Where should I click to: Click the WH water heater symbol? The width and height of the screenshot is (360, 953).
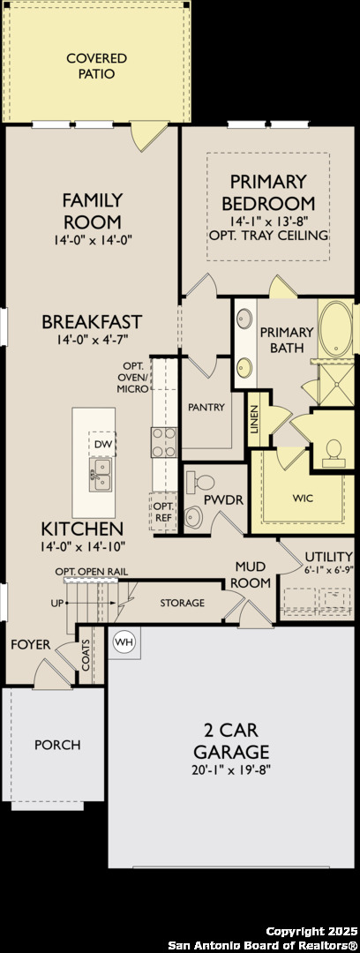124,642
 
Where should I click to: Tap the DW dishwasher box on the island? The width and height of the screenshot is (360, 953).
102,445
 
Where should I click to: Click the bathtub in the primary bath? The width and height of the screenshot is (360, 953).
335,329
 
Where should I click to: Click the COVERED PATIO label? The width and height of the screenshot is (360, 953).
97,66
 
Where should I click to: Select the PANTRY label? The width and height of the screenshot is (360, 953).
206,407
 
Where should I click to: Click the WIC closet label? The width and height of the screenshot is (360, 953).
303,499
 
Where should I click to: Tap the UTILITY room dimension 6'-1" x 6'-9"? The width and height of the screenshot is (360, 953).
329,570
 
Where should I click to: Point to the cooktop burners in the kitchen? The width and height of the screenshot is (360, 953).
163,442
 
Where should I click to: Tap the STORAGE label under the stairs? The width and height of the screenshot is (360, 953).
183,603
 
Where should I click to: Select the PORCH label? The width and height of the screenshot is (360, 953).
57,745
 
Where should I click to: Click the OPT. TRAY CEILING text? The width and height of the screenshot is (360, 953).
268,235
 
